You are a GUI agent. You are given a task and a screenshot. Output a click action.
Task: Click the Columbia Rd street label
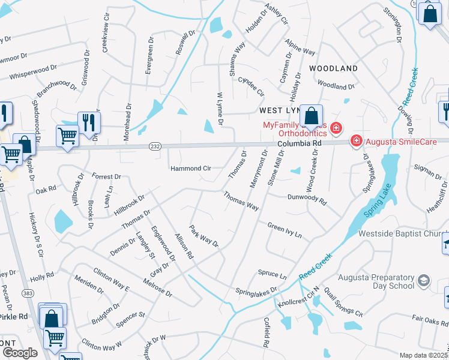[300, 145]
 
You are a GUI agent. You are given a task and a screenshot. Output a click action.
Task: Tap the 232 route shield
[154, 146]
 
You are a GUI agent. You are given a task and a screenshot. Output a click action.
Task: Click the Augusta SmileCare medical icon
[357, 140]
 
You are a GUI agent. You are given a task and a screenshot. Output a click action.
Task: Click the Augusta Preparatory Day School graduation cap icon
[424, 281]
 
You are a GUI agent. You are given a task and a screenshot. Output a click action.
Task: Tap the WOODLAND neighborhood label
[333, 69]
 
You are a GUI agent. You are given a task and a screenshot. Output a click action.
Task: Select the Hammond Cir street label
[190, 169]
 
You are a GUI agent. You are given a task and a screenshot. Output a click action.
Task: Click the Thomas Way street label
[241, 200]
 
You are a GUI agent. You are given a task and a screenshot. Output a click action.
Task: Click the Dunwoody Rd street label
[306, 199]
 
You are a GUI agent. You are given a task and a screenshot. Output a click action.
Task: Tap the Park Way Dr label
[204, 237]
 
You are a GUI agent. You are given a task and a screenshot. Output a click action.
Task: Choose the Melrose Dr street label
[157, 287]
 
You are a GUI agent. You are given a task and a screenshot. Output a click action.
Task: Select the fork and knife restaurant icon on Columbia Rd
[88, 122]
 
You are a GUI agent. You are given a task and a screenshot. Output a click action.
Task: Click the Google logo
[20, 353]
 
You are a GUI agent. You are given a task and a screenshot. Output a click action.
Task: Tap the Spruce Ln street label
[273, 275]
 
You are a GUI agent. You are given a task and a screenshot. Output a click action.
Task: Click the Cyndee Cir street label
[251, 86]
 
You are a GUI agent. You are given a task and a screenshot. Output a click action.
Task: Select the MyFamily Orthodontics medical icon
[336, 127]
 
